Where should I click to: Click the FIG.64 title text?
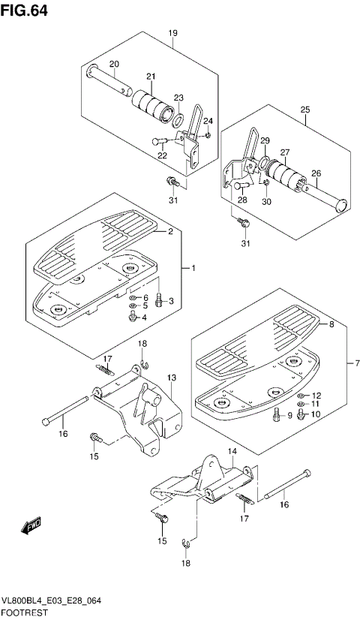click(x=24, y=11)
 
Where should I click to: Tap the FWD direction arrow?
click(x=31, y=525)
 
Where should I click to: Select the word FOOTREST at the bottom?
click(x=25, y=612)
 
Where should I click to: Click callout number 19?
click(x=172, y=33)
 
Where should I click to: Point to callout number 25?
click(x=305, y=110)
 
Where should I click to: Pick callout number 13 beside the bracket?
click(x=171, y=378)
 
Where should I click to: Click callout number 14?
click(x=232, y=450)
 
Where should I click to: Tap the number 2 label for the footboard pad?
click(x=170, y=232)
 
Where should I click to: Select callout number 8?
click(x=331, y=324)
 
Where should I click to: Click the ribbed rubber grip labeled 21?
click(x=152, y=104)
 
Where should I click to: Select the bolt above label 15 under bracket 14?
click(x=161, y=516)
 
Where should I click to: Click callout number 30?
click(x=267, y=202)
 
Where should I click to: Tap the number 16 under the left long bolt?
click(x=63, y=434)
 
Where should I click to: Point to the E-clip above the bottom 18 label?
click(x=187, y=544)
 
